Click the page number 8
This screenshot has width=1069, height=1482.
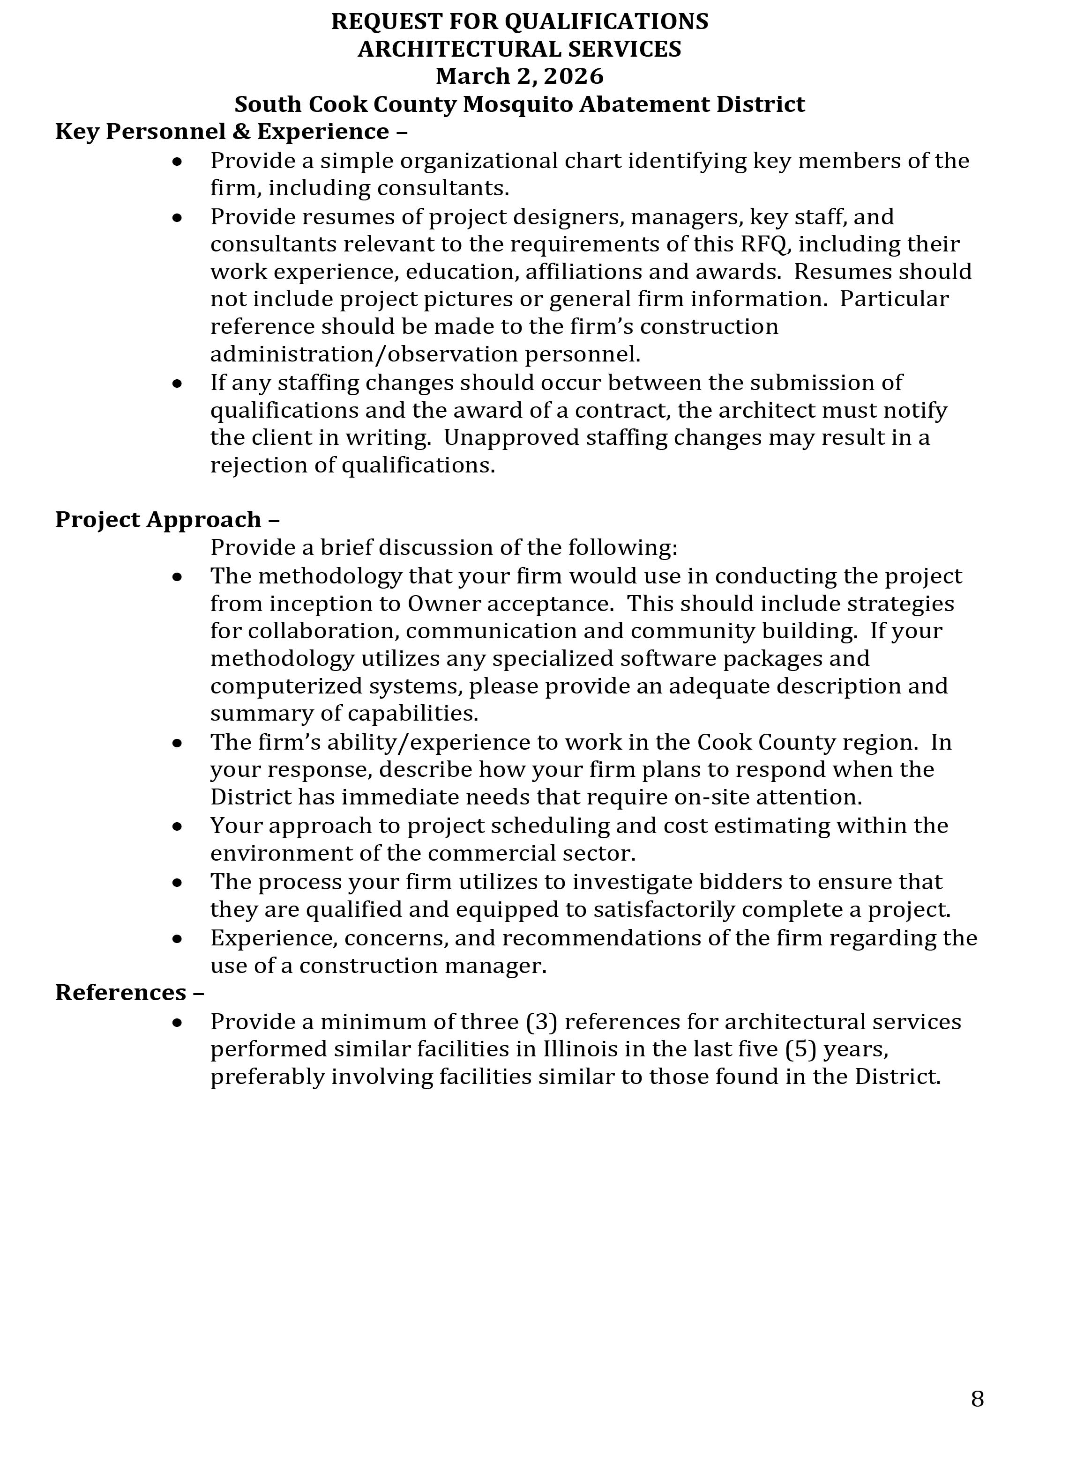[x=977, y=1398]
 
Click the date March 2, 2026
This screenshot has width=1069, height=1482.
[x=520, y=76]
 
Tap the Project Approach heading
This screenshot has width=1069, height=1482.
[x=167, y=519]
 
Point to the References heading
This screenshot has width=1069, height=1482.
[x=129, y=993]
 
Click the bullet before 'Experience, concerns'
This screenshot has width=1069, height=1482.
[x=177, y=939]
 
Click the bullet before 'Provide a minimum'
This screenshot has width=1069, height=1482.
[x=177, y=1023]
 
